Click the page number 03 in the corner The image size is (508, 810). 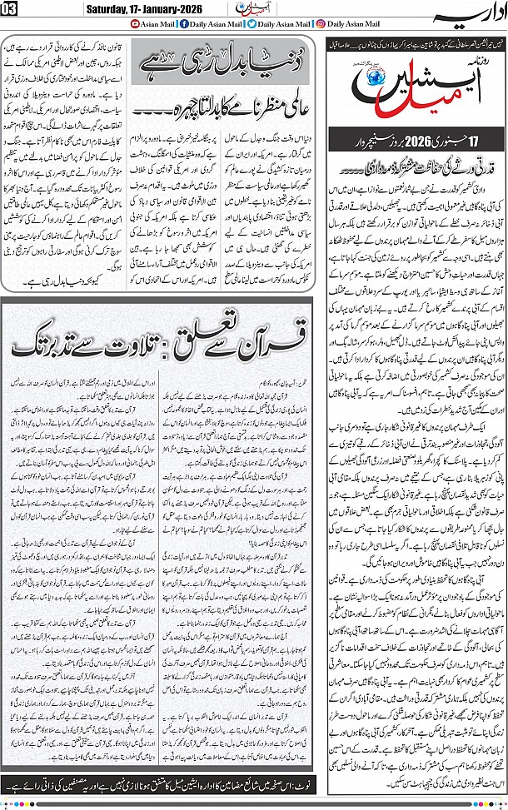pyautogui.click(x=11, y=8)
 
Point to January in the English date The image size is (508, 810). pyautogui.click(x=169, y=8)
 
